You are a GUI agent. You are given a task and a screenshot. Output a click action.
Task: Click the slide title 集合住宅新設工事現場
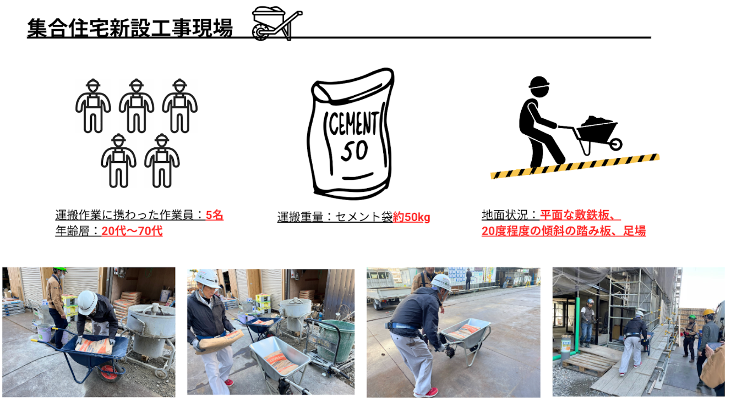pos(130,27)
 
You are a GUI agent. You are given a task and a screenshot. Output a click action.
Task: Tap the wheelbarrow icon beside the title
pos(277,24)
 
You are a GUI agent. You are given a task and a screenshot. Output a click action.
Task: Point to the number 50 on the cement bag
pos(354,151)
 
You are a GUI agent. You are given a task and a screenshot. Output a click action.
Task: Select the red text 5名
pos(215,215)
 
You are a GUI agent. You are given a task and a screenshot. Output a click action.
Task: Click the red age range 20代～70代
pos(132,231)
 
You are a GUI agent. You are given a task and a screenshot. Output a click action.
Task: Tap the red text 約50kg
pos(411,217)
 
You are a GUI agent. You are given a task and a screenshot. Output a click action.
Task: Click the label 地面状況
pos(505,215)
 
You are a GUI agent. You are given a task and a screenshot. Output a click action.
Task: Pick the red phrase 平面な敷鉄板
pos(575,215)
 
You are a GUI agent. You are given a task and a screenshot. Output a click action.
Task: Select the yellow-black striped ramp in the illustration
pos(575,166)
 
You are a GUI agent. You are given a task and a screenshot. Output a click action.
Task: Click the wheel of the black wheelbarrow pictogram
pos(615,144)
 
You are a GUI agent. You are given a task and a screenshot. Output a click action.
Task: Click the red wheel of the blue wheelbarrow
pos(110,373)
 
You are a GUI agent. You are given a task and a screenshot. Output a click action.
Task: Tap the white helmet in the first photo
pos(87,302)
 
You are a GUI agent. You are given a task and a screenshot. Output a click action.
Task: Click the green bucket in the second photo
pos(336,340)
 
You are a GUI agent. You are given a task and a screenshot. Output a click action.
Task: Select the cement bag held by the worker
pos(221,341)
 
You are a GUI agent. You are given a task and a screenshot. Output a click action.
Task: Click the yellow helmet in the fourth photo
pos(708,312)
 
